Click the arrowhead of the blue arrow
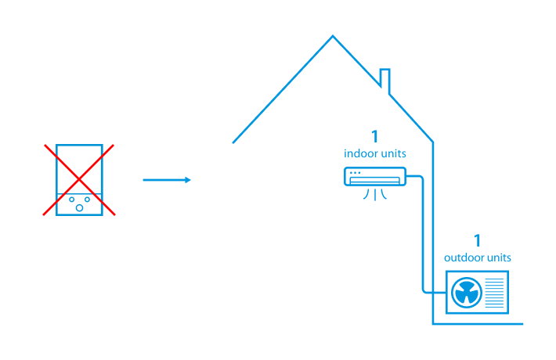188,180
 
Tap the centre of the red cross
78,179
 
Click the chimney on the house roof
385,80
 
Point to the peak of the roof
333,36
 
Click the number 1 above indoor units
374,136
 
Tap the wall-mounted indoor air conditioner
375,177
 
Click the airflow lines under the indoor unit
375,193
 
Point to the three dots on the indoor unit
356,172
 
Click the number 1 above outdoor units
477,240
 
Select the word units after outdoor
499,257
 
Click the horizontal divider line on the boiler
78,193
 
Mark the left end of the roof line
233,142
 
